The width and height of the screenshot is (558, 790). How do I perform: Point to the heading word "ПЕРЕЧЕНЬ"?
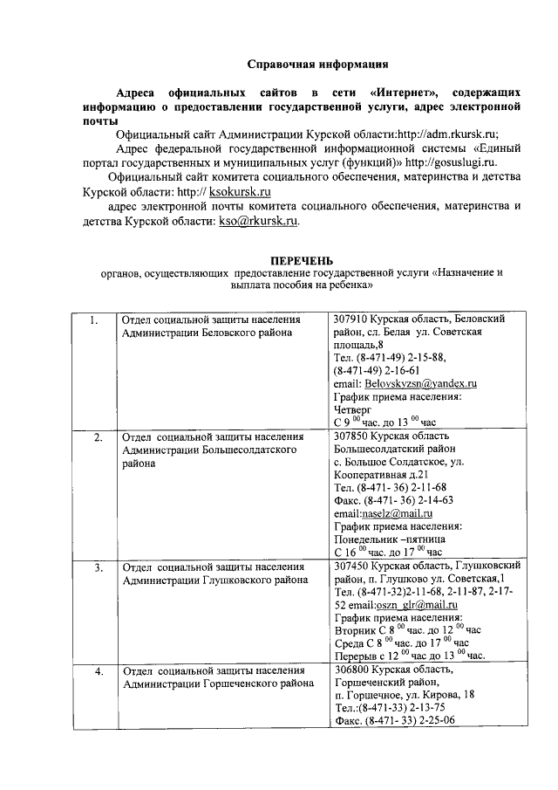click(301, 260)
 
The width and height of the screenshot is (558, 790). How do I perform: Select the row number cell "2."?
click(98, 436)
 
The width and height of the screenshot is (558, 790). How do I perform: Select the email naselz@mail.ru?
click(402, 514)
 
